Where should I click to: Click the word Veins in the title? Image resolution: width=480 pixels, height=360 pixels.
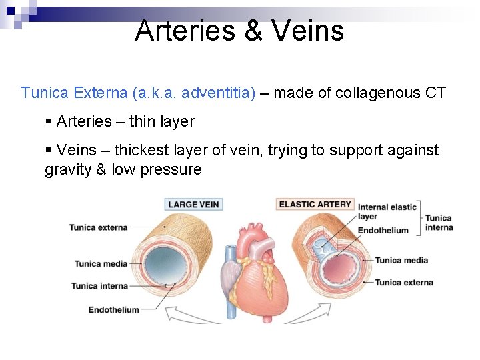click(x=309, y=31)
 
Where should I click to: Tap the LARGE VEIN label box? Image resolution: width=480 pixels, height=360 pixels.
click(x=193, y=205)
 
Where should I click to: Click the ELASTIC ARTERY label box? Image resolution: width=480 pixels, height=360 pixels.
click(x=315, y=204)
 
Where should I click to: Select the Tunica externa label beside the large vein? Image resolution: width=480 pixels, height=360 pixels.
click(x=98, y=227)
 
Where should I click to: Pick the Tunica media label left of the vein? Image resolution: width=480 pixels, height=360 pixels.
click(x=101, y=264)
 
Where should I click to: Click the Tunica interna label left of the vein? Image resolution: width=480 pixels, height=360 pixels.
click(x=99, y=286)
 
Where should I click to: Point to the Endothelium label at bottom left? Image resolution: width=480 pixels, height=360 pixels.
click(x=113, y=309)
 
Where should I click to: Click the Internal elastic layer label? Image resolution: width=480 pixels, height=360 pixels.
click(x=387, y=211)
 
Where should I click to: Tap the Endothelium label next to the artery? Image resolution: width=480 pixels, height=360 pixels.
click(x=383, y=231)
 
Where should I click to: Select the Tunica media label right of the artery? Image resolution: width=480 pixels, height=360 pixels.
click(x=401, y=260)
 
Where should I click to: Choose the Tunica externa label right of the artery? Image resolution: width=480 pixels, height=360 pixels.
click(x=404, y=283)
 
